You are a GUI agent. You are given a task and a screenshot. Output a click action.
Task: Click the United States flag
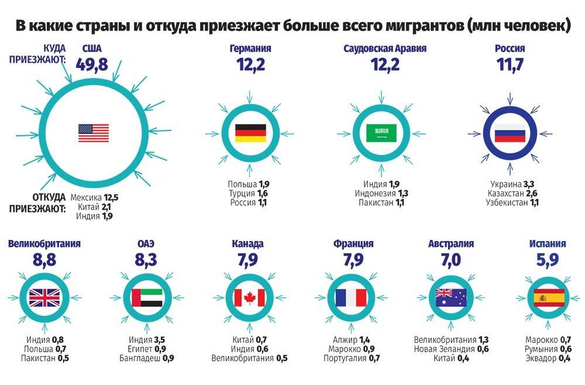[94, 133]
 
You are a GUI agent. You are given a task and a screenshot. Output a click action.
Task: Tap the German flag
[250, 133]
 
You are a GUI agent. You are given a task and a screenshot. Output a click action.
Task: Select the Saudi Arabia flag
[381, 133]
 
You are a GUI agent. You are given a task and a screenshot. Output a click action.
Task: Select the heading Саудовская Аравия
[385, 49]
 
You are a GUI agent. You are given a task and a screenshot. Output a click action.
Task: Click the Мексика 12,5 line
[98, 197]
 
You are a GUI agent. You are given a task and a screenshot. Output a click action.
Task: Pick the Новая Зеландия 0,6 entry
[451, 349]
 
